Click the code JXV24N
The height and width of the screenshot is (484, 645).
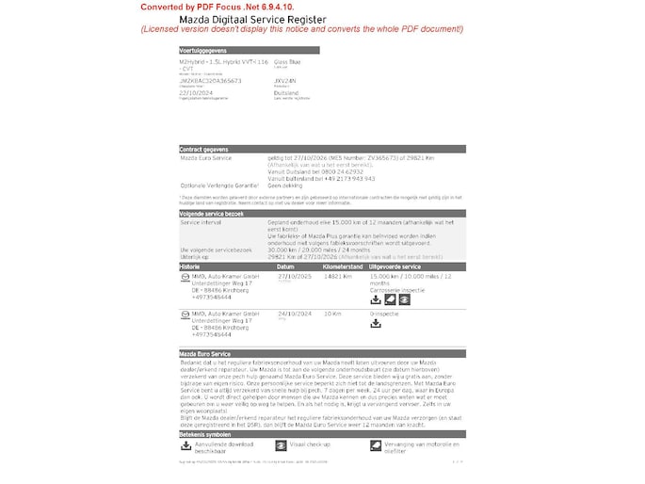[x=284, y=81]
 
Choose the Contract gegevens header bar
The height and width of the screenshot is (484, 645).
[x=206, y=149]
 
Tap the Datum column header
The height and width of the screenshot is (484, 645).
[x=285, y=266]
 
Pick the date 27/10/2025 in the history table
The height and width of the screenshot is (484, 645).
[x=294, y=276]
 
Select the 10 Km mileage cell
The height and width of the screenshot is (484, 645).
[x=331, y=313]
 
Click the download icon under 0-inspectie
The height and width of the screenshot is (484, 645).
[x=376, y=324]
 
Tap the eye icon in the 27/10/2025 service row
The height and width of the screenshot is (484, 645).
[x=390, y=299]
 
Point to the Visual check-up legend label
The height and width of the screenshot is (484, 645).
[x=310, y=443]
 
